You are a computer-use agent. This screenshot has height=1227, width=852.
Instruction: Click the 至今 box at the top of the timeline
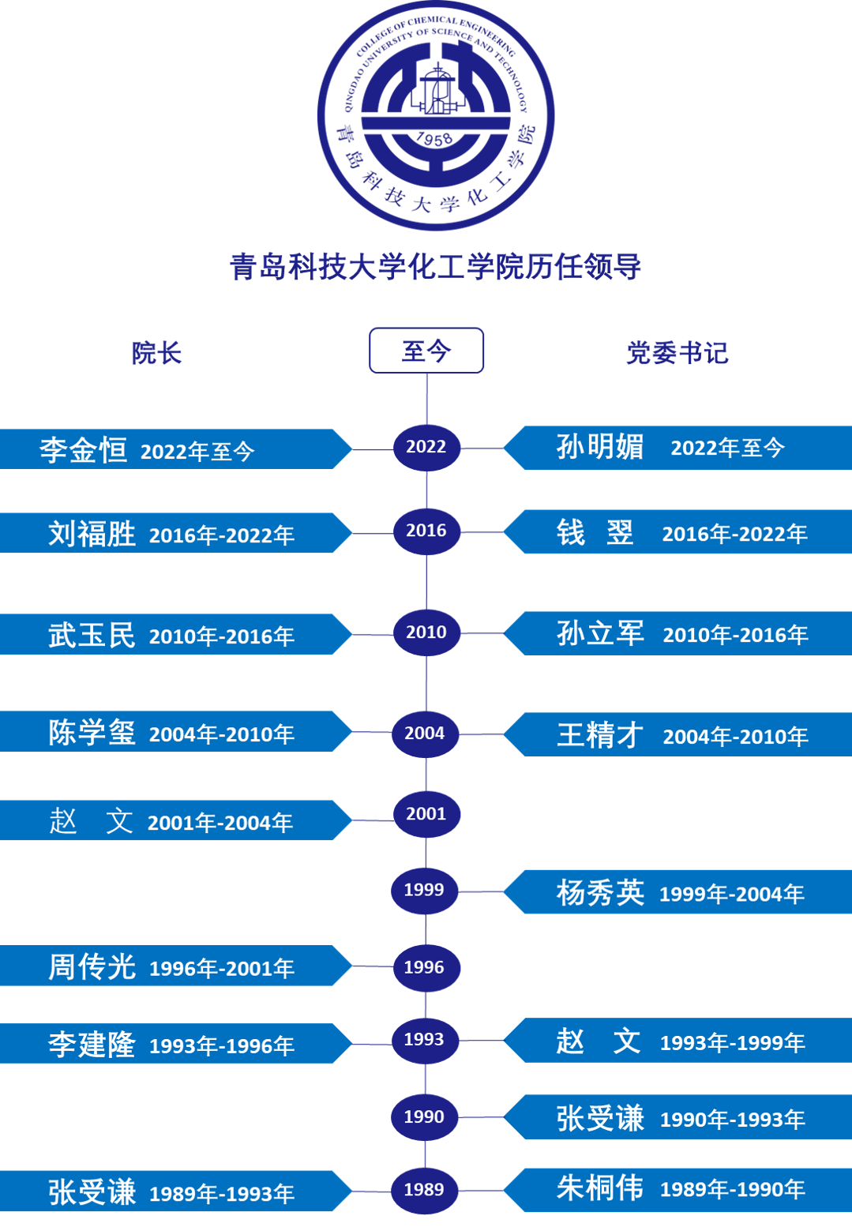pyautogui.click(x=426, y=351)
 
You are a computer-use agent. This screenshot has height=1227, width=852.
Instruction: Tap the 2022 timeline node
pyautogui.click(x=426, y=447)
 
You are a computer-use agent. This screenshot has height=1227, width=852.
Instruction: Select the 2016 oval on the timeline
pyautogui.click(x=426, y=531)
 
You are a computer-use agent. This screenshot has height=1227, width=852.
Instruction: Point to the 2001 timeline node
pyautogui.click(x=426, y=814)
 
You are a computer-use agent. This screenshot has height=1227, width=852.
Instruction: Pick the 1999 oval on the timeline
pyautogui.click(x=425, y=890)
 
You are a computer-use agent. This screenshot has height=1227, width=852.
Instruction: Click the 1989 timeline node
pyautogui.click(x=425, y=1190)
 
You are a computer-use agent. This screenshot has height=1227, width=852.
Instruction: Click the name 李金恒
pyautogui.click(x=84, y=450)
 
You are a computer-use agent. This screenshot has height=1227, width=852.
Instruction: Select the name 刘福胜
pyautogui.click(x=92, y=535)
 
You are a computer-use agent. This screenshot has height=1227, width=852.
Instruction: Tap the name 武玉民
pyautogui.click(x=92, y=636)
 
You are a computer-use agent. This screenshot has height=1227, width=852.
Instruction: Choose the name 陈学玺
pyautogui.click(x=92, y=733)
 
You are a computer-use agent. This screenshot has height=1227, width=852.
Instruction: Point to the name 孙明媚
pyautogui.click(x=600, y=447)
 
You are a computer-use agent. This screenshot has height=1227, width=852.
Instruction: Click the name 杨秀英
pyautogui.click(x=600, y=893)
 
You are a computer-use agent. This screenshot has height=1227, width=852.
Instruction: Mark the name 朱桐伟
pyautogui.click(x=600, y=1188)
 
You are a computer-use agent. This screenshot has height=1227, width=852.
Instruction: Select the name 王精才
pyautogui.click(x=600, y=736)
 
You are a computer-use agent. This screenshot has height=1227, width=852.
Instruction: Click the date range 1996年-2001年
pyautogui.click(x=222, y=969)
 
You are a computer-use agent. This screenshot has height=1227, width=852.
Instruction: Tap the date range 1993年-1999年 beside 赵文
pyautogui.click(x=733, y=1043)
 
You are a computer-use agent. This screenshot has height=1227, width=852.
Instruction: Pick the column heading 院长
pyautogui.click(x=156, y=353)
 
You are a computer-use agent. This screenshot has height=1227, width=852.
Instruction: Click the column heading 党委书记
pyautogui.click(x=677, y=353)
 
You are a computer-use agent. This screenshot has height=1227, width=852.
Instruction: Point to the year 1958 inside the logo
pyautogui.click(x=434, y=140)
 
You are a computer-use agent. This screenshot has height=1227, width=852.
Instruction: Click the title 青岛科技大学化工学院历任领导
pyautogui.click(x=435, y=267)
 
